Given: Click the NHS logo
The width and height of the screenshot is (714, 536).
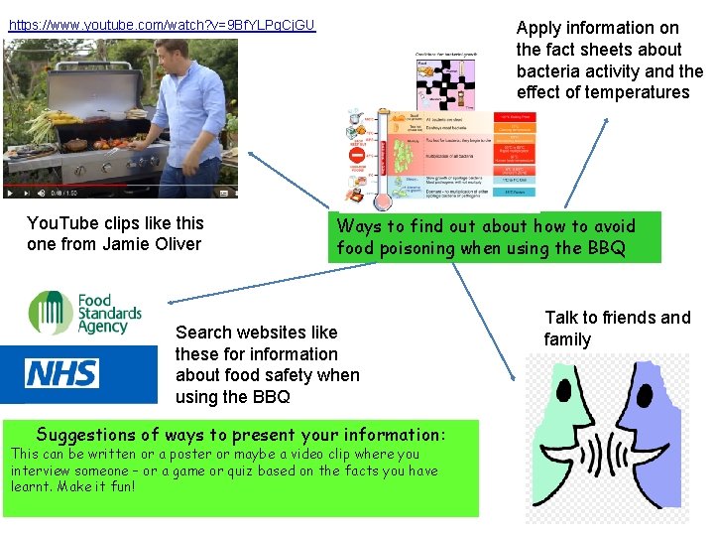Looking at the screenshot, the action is [61, 373].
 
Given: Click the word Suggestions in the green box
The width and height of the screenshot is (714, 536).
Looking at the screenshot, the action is [84, 434].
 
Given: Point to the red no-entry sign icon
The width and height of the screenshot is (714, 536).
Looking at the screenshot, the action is [356, 157].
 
